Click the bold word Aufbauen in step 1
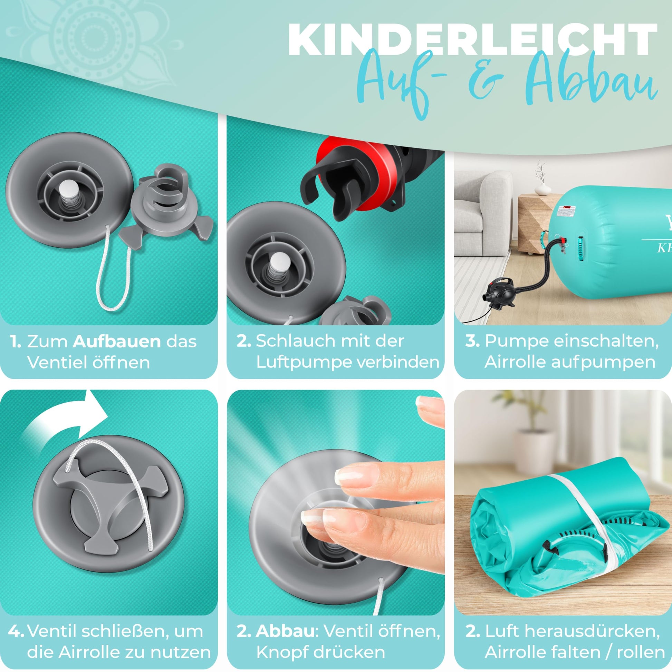click(117, 342)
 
